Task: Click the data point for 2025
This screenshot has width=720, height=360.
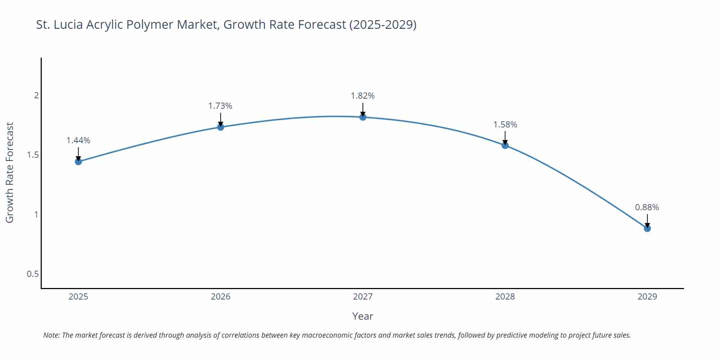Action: tap(78, 162)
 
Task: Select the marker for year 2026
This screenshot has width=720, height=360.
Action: tap(221, 127)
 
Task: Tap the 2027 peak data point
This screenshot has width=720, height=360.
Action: tap(363, 117)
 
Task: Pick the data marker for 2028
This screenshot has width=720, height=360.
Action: tap(505, 145)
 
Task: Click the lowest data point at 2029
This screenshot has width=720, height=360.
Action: tap(647, 229)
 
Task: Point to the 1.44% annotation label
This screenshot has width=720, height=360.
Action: tap(78, 140)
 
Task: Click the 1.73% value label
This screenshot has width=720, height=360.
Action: tap(220, 106)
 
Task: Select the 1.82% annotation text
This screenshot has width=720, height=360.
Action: tap(363, 96)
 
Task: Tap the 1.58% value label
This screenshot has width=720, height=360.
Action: tap(505, 125)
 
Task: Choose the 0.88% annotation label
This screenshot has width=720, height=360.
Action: tap(647, 207)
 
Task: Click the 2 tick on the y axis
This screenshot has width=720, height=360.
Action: tap(36, 95)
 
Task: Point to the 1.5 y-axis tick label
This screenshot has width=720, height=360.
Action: tap(33, 155)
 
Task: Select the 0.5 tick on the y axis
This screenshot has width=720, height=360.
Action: tap(33, 274)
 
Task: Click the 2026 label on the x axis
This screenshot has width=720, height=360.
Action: tap(221, 297)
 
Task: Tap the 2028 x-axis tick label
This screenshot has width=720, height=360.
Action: tap(505, 297)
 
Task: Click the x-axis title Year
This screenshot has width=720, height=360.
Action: tap(363, 316)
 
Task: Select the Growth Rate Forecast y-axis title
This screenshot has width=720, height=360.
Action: tap(10, 172)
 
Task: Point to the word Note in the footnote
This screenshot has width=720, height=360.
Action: tap(51, 335)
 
